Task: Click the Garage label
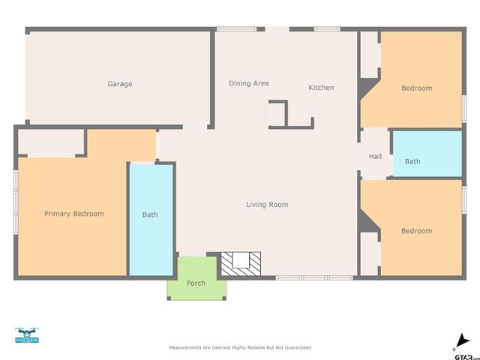119,84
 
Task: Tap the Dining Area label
248,83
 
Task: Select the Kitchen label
321,88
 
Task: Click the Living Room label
267,205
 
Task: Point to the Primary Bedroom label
73,214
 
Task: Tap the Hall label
375,157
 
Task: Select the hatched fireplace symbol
241,262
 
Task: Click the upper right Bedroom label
416,88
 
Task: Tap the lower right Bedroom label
416,231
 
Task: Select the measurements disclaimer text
239,348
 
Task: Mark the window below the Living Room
313,277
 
